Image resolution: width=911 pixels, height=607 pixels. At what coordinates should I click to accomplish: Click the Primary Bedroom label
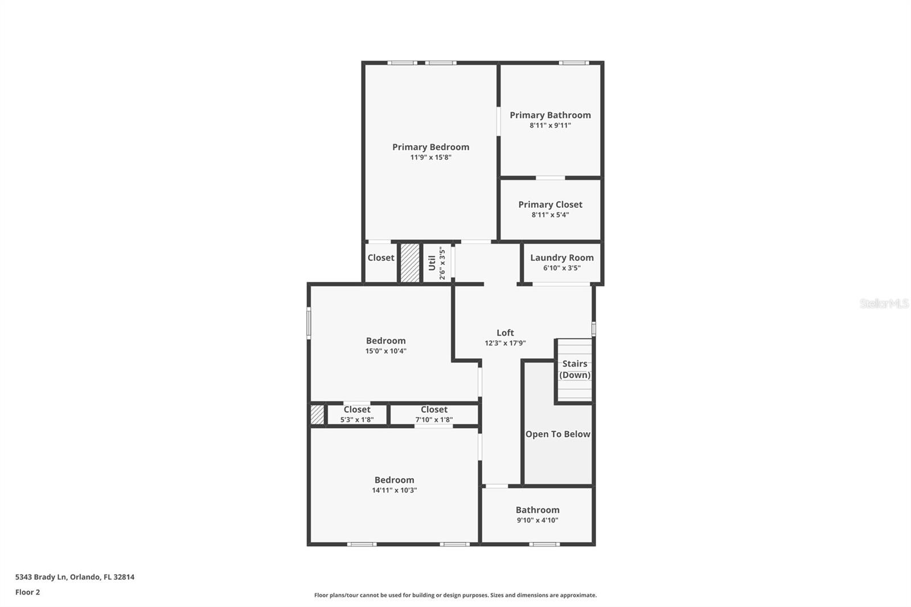click(430, 147)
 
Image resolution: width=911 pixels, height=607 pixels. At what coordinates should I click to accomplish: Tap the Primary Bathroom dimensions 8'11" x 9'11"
click(550, 125)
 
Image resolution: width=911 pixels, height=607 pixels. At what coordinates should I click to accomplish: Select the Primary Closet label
click(550, 204)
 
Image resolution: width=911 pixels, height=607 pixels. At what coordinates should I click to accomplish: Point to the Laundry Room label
click(561, 257)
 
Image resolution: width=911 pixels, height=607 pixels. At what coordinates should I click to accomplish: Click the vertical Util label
click(432, 263)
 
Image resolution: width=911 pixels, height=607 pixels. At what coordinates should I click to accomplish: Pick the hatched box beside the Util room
click(410, 263)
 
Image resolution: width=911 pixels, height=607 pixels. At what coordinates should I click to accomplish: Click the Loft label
click(505, 333)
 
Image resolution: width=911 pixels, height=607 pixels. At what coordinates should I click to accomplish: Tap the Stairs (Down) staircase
click(574, 370)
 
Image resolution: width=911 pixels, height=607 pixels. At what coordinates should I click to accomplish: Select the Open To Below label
click(557, 434)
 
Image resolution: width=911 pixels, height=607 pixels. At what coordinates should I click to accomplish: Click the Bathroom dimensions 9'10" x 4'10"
click(537, 520)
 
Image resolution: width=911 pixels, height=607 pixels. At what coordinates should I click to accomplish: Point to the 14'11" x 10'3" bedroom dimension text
click(394, 490)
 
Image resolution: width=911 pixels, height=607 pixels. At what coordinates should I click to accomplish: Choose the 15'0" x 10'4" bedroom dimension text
click(385, 351)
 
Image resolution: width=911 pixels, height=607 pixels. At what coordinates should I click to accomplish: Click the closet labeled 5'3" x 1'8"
click(357, 414)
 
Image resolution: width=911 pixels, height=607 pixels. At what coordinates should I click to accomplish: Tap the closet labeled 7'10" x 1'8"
click(434, 414)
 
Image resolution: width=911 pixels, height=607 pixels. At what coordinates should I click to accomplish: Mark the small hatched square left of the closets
click(317, 414)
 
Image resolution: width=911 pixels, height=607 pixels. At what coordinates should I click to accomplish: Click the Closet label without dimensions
click(380, 257)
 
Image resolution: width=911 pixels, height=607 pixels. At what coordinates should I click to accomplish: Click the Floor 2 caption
click(27, 592)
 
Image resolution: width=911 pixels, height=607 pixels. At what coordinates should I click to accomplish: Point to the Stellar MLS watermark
click(883, 303)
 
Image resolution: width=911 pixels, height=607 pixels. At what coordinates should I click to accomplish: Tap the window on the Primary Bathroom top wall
click(573, 63)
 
